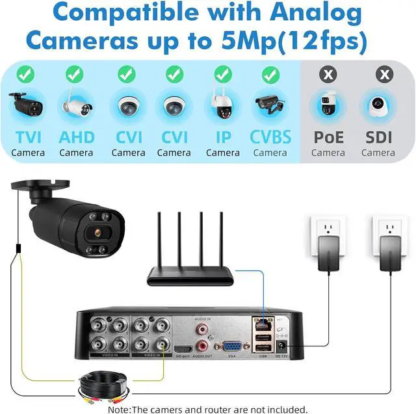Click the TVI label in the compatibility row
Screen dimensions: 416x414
click(x=28, y=137)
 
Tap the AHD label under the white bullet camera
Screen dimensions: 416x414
click(x=76, y=137)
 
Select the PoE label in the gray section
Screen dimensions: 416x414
click(x=328, y=137)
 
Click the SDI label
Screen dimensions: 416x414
click(x=378, y=137)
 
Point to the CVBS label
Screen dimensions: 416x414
click(x=270, y=137)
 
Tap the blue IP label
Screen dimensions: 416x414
click(x=222, y=137)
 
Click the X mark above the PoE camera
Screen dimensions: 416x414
click(x=329, y=75)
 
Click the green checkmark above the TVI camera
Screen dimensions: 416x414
click(x=26, y=75)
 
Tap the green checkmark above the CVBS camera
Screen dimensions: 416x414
click(x=270, y=75)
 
